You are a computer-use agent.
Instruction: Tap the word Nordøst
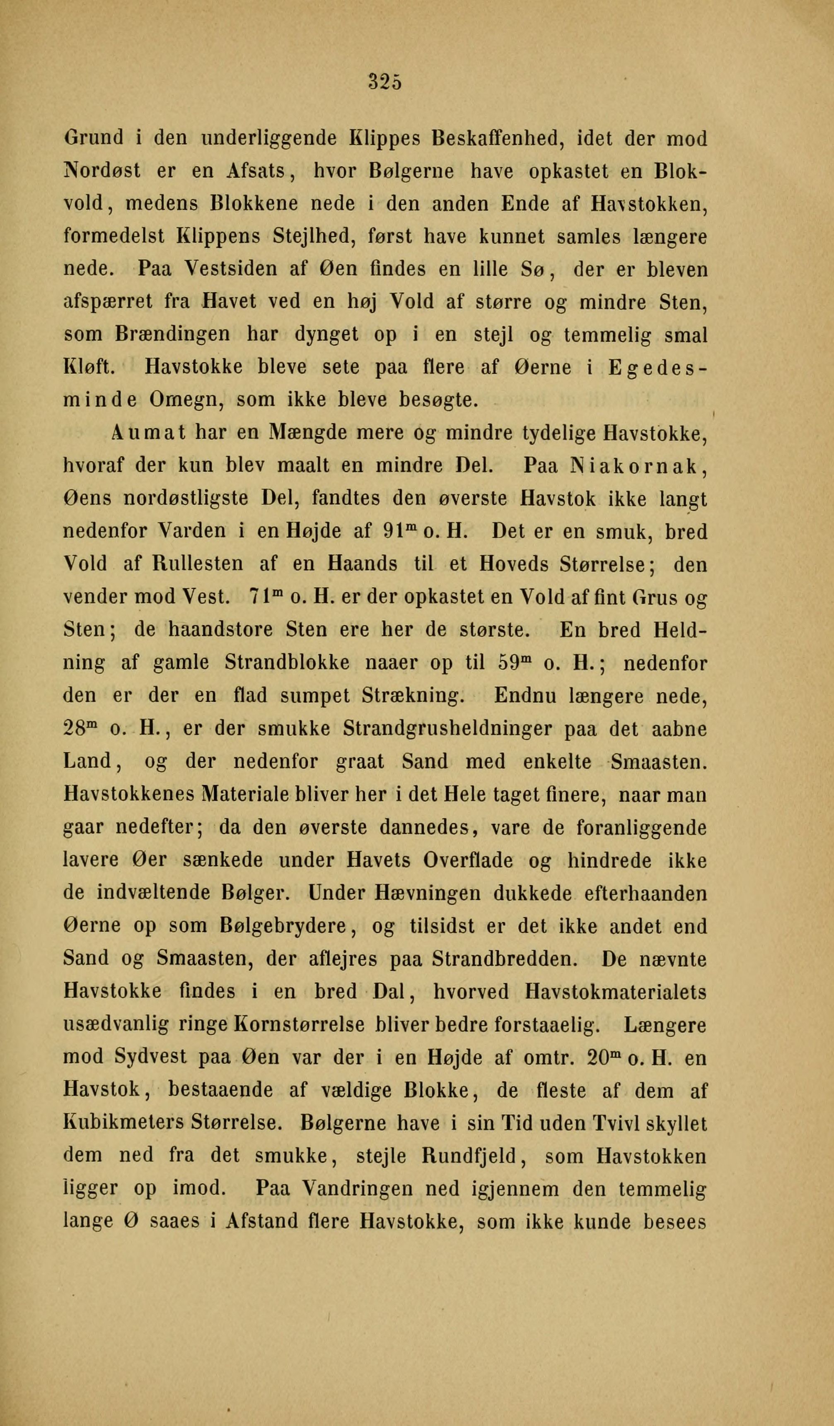click(102, 171)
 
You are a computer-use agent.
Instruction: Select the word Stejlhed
click(314, 236)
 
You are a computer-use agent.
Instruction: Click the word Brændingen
click(173, 335)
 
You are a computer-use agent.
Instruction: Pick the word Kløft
click(89, 367)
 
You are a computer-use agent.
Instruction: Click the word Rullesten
click(198, 564)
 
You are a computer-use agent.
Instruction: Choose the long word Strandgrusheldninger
click(448, 729)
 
